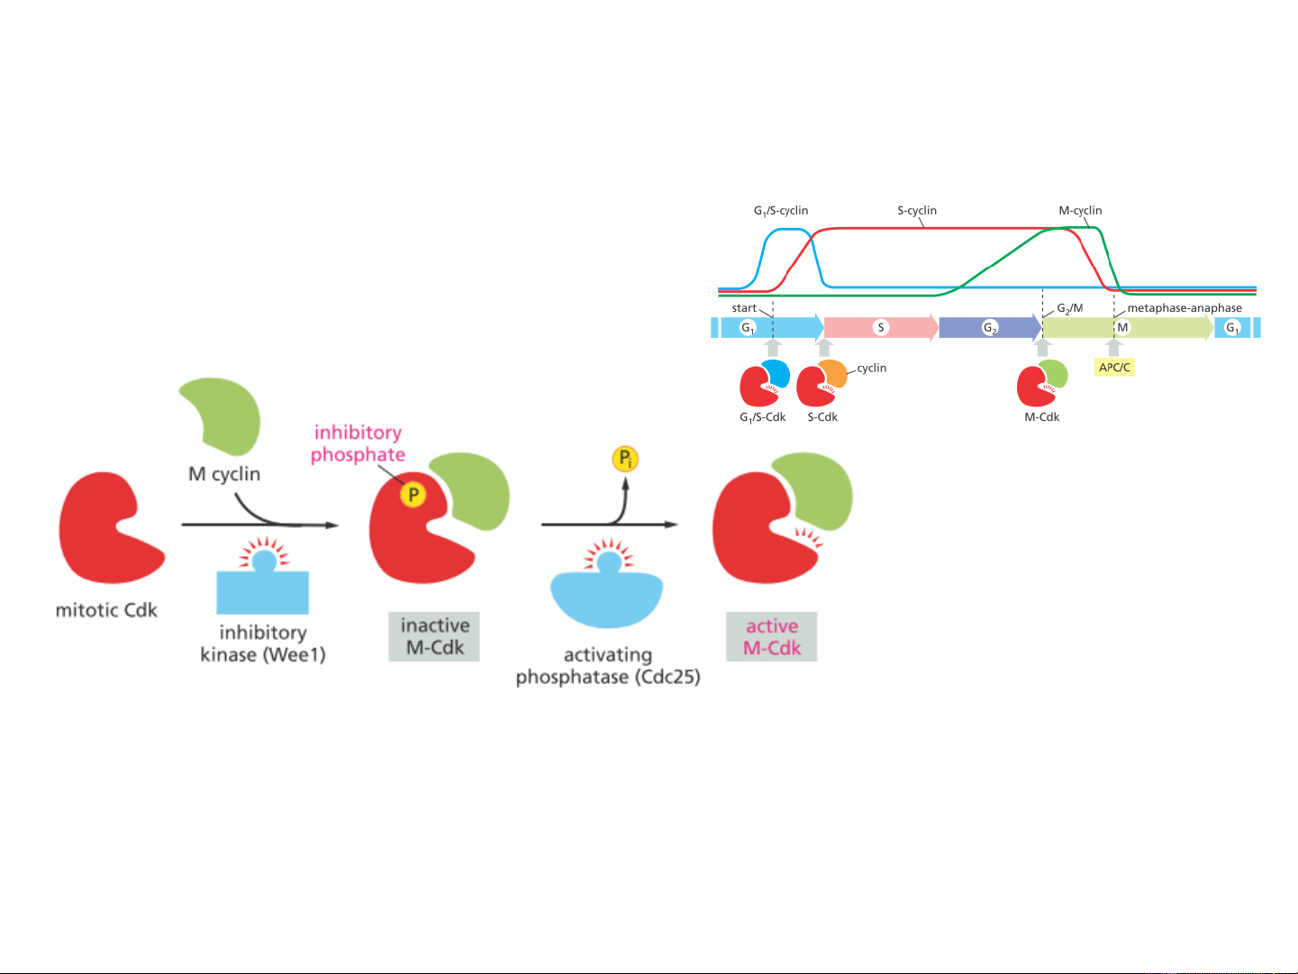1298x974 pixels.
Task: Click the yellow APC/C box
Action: (x=1114, y=368)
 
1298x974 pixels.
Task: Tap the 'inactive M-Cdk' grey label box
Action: (x=434, y=636)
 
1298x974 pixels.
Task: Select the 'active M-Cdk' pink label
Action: (x=772, y=637)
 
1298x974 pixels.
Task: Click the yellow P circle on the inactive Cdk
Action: (x=413, y=495)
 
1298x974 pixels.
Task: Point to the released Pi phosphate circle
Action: (x=625, y=460)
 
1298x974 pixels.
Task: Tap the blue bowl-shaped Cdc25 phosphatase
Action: (x=606, y=599)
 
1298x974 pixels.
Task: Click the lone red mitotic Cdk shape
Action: (x=106, y=529)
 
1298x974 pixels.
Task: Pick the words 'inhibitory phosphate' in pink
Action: (x=358, y=443)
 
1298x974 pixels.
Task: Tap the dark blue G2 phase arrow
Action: (x=989, y=328)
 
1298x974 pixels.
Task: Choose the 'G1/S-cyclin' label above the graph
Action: (x=781, y=211)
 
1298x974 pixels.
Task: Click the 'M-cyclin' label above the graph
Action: (x=1080, y=211)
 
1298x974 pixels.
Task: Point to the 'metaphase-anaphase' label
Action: (x=1185, y=308)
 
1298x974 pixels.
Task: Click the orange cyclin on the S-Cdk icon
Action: (x=834, y=373)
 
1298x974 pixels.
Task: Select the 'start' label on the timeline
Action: (x=744, y=308)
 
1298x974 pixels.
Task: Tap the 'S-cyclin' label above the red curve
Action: (x=917, y=211)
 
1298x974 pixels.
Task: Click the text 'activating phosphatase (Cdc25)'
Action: (x=608, y=666)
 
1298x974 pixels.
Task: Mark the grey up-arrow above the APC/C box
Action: (x=1114, y=347)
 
